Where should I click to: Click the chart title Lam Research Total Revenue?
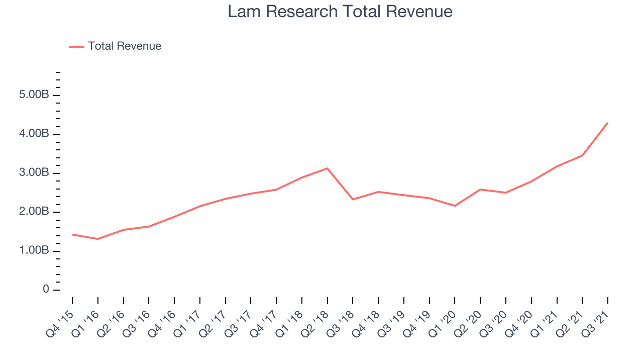pyautogui.click(x=340, y=12)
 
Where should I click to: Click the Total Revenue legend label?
pyautogui.click(x=125, y=46)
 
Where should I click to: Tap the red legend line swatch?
pyautogui.click(x=77, y=47)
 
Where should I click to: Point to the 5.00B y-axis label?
pyautogui.click(x=34, y=95)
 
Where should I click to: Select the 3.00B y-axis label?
pyautogui.click(x=34, y=172)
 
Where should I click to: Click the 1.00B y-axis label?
pyautogui.click(x=34, y=250)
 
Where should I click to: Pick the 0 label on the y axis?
pyautogui.click(x=46, y=289)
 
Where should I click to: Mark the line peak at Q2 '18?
pyautogui.click(x=327, y=168)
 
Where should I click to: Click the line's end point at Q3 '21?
pyautogui.click(x=608, y=123)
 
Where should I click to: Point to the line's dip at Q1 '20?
pyautogui.click(x=455, y=206)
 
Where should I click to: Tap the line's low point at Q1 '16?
pyautogui.click(x=98, y=239)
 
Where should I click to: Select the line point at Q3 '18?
pyautogui.click(x=353, y=200)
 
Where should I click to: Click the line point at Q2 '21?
pyautogui.click(x=582, y=155)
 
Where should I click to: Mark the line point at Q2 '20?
pyautogui.click(x=480, y=190)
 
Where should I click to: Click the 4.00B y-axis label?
pyautogui.click(x=34, y=134)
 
